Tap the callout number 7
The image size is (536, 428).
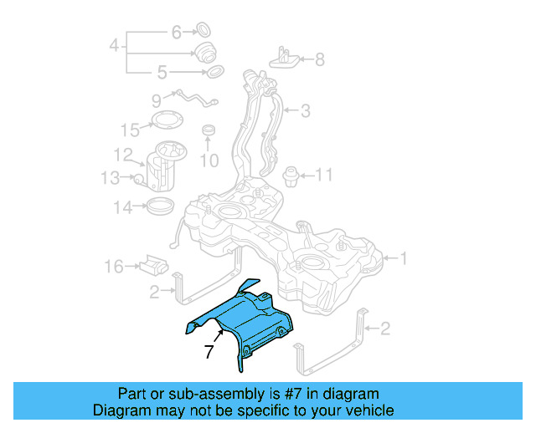click(209, 353)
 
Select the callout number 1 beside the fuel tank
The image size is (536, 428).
click(404, 259)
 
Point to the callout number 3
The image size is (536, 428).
click(306, 110)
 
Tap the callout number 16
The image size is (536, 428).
click(113, 267)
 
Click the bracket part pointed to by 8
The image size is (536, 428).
click(284, 58)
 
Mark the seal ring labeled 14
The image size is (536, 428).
click(161, 206)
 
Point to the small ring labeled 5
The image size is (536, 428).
click(214, 71)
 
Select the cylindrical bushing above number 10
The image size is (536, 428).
click(209, 131)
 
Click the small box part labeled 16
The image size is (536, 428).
click(153, 266)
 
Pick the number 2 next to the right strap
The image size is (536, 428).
click(384, 329)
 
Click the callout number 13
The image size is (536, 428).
click(111, 178)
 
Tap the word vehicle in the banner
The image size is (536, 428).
click(366, 410)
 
